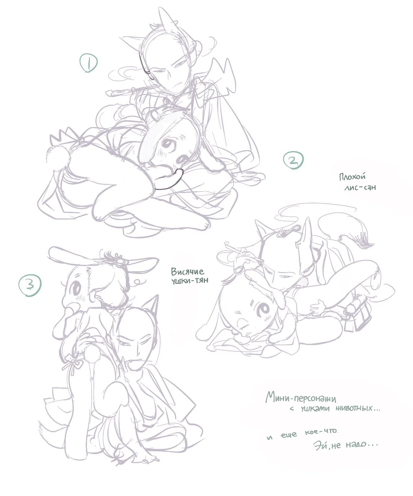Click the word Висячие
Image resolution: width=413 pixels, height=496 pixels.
pyautogui.click(x=188, y=272)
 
